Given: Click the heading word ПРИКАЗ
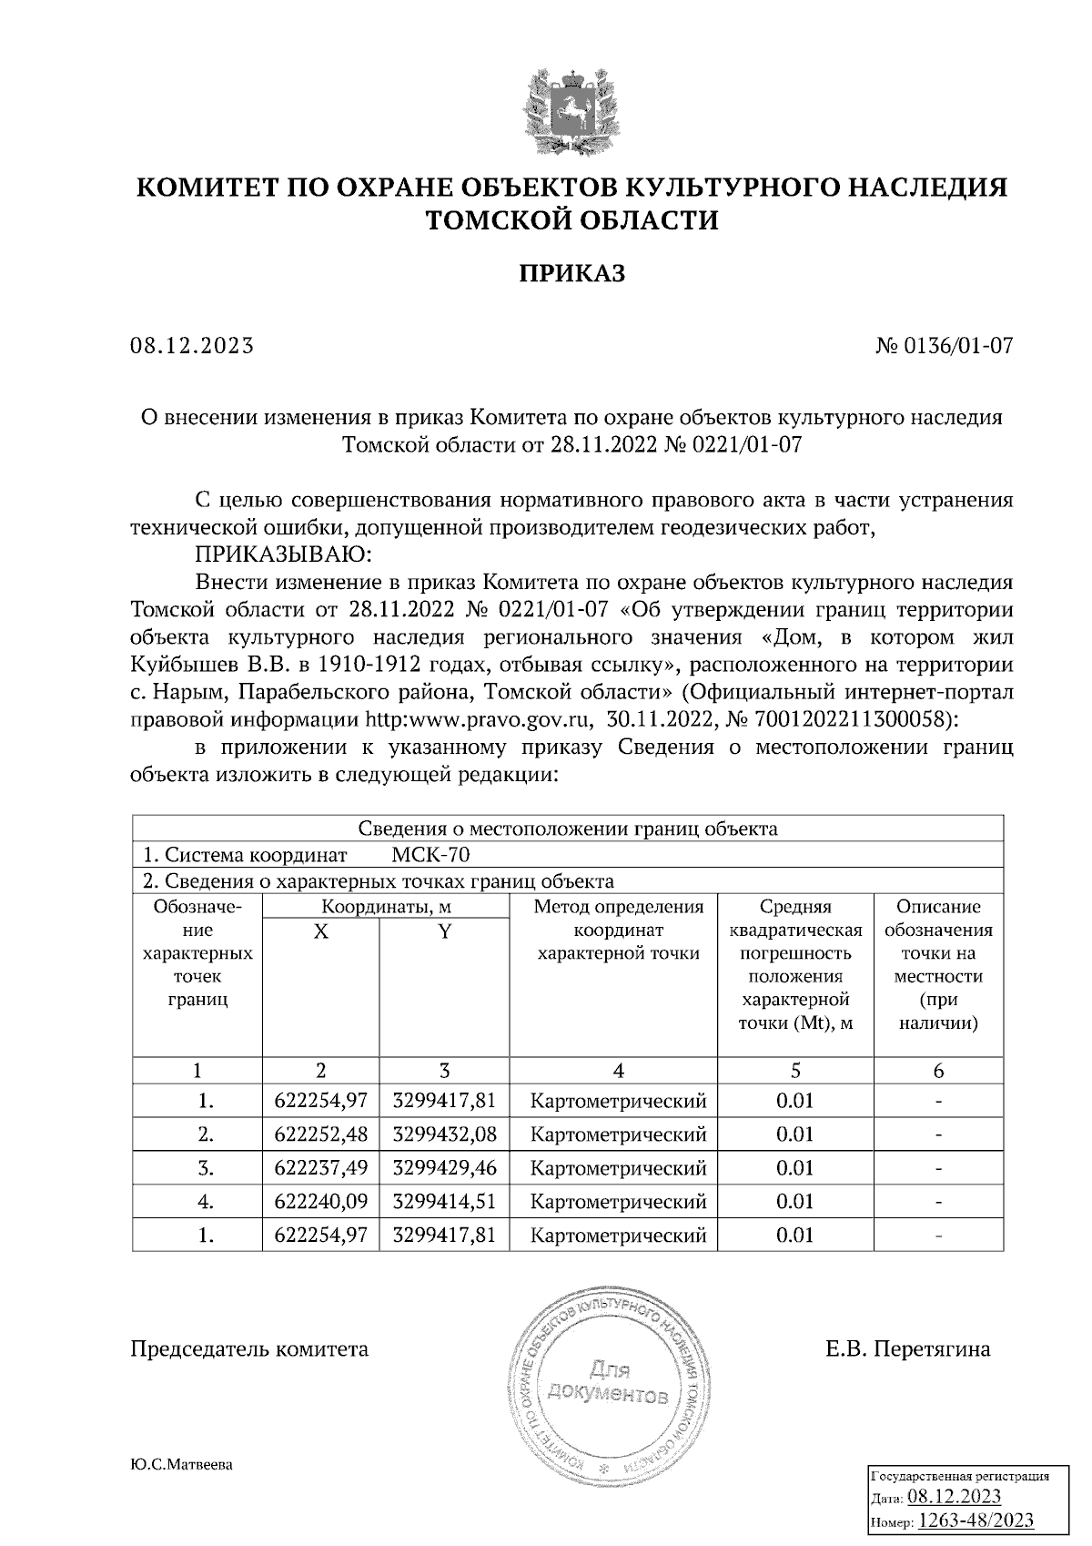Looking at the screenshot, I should tap(571, 273).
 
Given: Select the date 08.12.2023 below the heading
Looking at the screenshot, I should tap(192, 346).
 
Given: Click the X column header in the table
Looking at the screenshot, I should tap(320, 931).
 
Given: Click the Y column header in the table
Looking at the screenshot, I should tap(444, 931).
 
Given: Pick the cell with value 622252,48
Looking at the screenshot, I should tap(320, 1134).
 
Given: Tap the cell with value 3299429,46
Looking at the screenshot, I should tap(444, 1168).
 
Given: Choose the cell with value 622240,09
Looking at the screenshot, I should tap(320, 1202).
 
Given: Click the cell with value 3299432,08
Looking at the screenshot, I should tap(444, 1134).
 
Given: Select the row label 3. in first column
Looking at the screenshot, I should tap(206, 1168).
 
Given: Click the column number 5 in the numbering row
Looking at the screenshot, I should tap(794, 1071).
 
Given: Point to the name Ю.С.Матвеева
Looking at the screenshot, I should tap(182, 1465).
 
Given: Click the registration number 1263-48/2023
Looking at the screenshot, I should tap(976, 1521).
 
